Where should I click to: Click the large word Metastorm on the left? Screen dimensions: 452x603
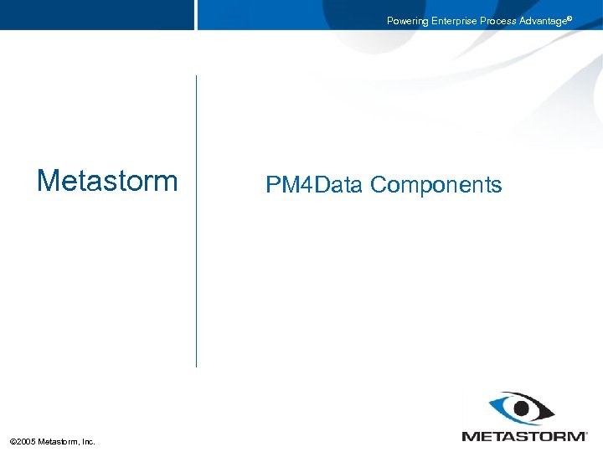(x=107, y=181)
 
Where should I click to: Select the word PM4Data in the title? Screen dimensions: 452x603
(x=314, y=185)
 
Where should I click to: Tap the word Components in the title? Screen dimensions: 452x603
(x=435, y=185)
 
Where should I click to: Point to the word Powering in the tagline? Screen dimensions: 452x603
(x=407, y=21)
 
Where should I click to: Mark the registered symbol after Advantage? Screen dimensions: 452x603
(x=569, y=18)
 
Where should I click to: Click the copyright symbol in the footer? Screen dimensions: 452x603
(x=13, y=441)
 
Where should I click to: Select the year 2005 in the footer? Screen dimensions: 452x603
(x=26, y=441)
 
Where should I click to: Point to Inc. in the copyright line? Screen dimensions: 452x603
(x=88, y=441)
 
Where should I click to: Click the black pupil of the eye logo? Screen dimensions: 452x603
(x=522, y=409)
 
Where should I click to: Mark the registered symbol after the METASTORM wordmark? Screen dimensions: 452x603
(x=585, y=433)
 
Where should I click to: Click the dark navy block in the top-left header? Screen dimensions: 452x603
(x=96, y=14)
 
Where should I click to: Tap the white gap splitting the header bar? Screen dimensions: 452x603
(x=196, y=14)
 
